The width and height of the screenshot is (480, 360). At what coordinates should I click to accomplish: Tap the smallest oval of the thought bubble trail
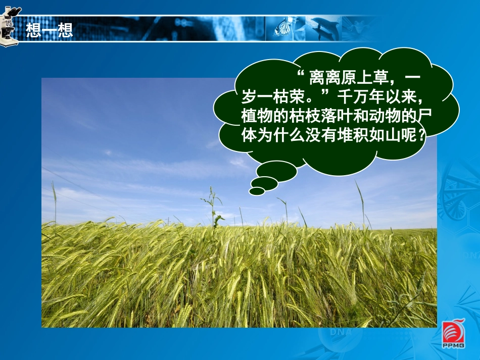(x=257, y=191)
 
